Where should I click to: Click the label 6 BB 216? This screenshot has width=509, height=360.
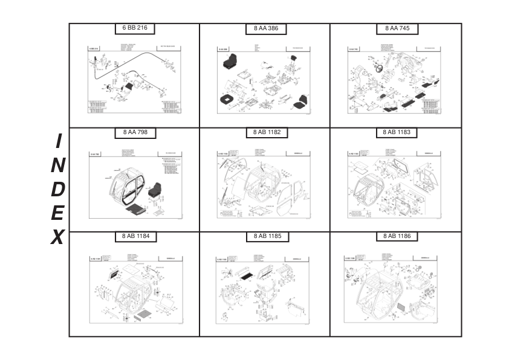[135, 28]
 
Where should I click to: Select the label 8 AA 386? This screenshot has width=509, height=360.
[266, 28]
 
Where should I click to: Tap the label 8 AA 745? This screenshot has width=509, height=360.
[397, 28]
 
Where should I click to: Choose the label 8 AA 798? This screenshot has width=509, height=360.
[135, 132]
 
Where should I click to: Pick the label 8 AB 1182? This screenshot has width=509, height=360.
[266, 132]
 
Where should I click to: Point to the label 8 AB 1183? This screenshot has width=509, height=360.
[397, 132]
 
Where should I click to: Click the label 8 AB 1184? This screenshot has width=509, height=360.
[135, 236]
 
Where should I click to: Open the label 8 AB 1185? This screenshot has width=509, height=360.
[266, 236]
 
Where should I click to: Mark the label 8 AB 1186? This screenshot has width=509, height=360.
[397, 236]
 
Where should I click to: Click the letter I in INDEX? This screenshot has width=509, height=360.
[58, 141]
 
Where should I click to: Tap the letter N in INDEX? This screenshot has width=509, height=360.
[57, 165]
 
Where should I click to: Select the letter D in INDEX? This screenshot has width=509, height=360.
[57, 189]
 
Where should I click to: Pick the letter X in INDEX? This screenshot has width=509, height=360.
[57, 237]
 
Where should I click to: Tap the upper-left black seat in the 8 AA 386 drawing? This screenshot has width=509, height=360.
[230, 61]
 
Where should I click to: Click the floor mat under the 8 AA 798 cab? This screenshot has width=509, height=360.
[134, 210]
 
